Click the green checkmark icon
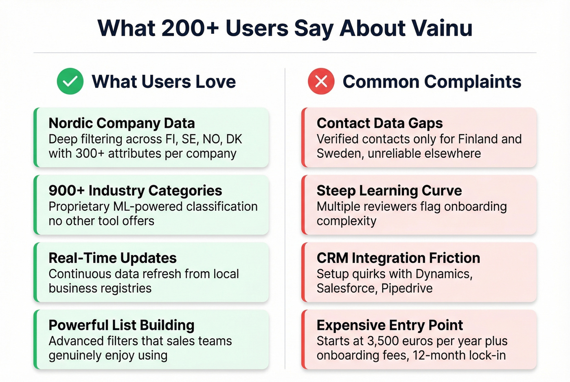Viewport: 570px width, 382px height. [70, 81]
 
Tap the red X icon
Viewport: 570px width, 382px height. [321, 81]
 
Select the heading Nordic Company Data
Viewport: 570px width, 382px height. [121, 123]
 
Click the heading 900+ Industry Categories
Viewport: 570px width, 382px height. [135, 190]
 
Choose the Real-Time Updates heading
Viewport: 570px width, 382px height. [112, 258]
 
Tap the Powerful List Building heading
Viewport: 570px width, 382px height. [121, 325]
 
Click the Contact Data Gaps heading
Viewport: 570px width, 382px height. [379, 123]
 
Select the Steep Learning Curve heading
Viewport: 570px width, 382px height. [389, 190]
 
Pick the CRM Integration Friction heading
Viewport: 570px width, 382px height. [398, 258]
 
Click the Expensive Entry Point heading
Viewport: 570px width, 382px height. [390, 325]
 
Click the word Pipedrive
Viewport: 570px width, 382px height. [407, 288]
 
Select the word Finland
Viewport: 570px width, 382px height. [478, 139]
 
